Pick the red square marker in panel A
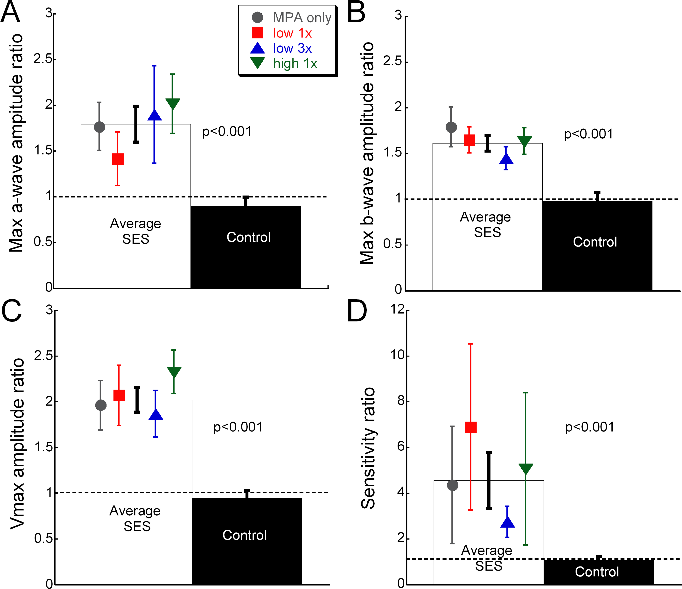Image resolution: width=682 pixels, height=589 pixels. pyautogui.click(x=118, y=159)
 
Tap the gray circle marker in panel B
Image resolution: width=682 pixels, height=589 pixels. pyautogui.click(x=451, y=127)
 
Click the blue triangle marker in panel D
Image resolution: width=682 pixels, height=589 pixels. pyautogui.click(x=507, y=523)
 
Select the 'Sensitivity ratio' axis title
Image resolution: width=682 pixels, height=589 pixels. pyautogui.click(x=368, y=448)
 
